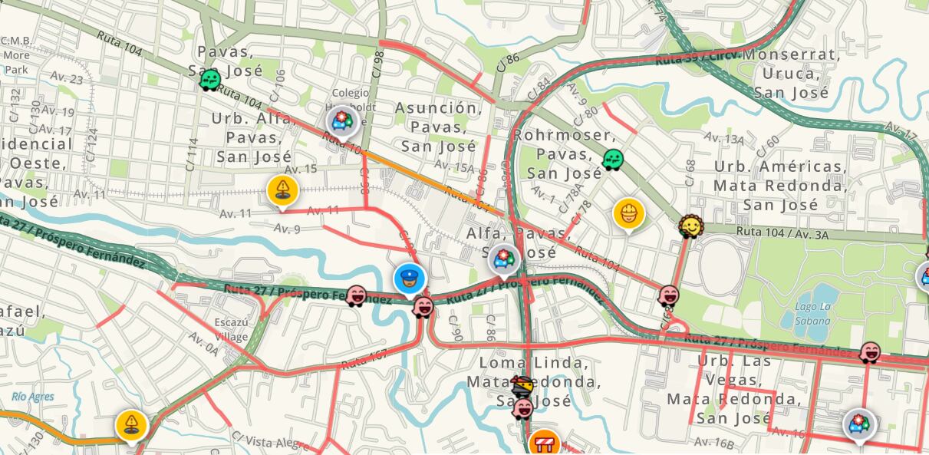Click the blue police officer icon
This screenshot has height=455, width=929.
tap(410, 279)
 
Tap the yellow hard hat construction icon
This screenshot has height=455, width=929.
tap(628, 213)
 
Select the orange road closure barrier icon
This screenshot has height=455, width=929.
tap(545, 443)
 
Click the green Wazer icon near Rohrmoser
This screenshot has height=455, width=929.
tap(612, 160)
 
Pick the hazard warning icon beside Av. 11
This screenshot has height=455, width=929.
tap(282, 190)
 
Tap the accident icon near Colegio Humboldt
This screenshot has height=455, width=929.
tap(341, 121)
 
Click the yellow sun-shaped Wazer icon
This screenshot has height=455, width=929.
tap(690, 226)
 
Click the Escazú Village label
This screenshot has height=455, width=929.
tap(231, 329)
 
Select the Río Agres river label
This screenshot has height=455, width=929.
tap(33, 397)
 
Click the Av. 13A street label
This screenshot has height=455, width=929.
tap(724, 138)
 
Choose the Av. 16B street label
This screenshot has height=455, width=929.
tap(713, 442)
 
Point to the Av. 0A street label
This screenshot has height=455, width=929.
tap(203, 342)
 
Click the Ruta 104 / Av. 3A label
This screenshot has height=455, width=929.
tap(782, 233)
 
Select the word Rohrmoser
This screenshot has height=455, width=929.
tap(553, 135)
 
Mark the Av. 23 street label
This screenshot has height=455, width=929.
tap(67, 77)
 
